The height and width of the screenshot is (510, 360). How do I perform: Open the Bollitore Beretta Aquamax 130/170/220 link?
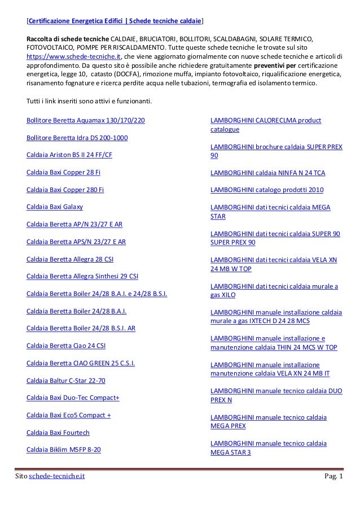pos(85,120)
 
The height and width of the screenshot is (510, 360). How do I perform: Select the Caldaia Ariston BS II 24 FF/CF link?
pos(69,155)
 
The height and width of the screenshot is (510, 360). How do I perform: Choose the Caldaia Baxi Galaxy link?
pos(55,207)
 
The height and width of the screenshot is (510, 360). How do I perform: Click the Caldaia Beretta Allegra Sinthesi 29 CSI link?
pos(82,276)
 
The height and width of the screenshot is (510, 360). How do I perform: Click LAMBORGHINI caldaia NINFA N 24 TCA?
pos(267,172)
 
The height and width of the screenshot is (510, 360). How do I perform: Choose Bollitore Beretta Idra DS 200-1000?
pos(77,137)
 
